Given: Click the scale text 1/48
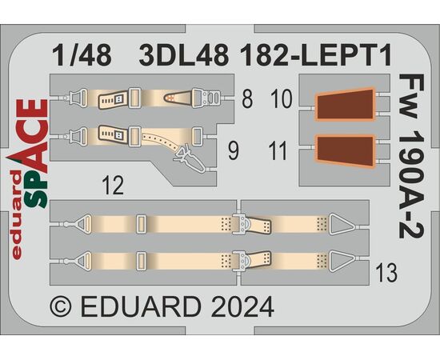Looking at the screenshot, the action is (82, 56).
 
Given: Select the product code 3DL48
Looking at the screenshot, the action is (184, 56).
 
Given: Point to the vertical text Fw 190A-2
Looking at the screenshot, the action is (411, 156).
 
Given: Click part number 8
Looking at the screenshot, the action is (247, 98).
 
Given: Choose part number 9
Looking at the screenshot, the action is (234, 151).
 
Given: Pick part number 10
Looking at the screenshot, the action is (282, 98).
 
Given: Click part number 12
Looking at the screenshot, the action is (113, 185).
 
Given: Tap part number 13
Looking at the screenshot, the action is (386, 273).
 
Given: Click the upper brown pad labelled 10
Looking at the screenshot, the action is (346, 104).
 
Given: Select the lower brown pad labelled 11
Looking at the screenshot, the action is (346, 151).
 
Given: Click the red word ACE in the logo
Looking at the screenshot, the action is (34, 136).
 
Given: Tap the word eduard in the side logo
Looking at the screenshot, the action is (17, 215).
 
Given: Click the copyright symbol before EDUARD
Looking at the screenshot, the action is (61, 307).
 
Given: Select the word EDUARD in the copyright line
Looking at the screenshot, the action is (141, 307).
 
